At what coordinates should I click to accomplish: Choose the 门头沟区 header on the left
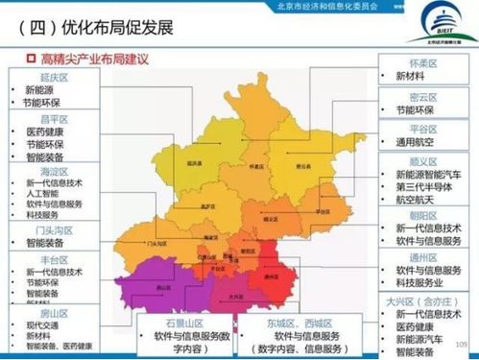[50, 229]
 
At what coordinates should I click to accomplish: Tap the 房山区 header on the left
[50, 313]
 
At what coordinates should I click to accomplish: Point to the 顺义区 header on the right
[423, 161]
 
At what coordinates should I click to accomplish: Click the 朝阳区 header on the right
[423, 216]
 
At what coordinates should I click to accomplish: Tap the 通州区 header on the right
[423, 258]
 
